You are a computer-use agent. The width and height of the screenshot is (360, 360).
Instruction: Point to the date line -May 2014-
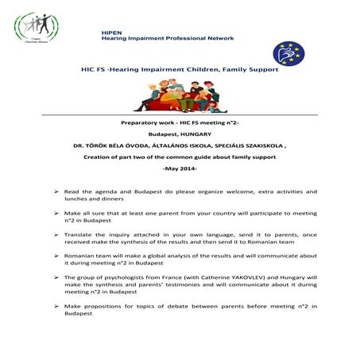click(180, 169)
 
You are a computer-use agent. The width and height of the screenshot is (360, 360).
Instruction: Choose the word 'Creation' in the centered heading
click(101, 158)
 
